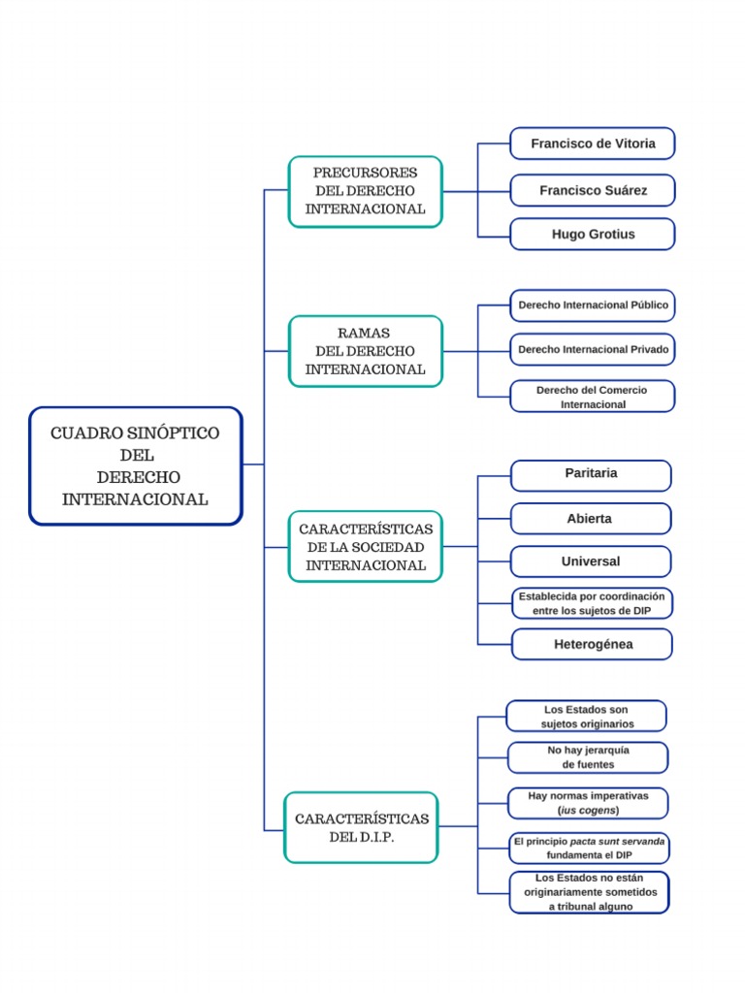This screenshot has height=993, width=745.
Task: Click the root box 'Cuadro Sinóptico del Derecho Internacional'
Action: (135, 465)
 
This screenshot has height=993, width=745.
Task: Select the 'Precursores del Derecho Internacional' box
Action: (365, 191)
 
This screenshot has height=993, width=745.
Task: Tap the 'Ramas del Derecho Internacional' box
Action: (365, 351)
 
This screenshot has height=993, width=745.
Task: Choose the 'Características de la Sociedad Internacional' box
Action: (365, 546)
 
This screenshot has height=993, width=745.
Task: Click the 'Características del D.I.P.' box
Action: (361, 827)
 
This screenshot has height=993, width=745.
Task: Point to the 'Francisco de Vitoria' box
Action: (593, 144)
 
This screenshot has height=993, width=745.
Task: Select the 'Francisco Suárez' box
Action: (593, 190)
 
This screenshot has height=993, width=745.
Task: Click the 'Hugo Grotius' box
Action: (593, 234)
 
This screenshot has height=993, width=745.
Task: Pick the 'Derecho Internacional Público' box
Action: (593, 304)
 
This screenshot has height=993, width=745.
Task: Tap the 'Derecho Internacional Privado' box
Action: (593, 349)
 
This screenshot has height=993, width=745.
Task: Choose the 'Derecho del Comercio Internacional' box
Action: (593, 397)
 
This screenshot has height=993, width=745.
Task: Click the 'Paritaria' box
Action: (591, 474)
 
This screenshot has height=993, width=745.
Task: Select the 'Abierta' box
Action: (591, 519)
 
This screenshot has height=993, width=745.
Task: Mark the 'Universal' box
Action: (591, 561)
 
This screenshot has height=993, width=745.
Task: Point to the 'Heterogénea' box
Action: (591, 644)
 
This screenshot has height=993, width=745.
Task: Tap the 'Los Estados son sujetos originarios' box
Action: (587, 717)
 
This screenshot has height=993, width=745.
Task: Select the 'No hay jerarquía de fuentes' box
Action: (588, 757)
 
